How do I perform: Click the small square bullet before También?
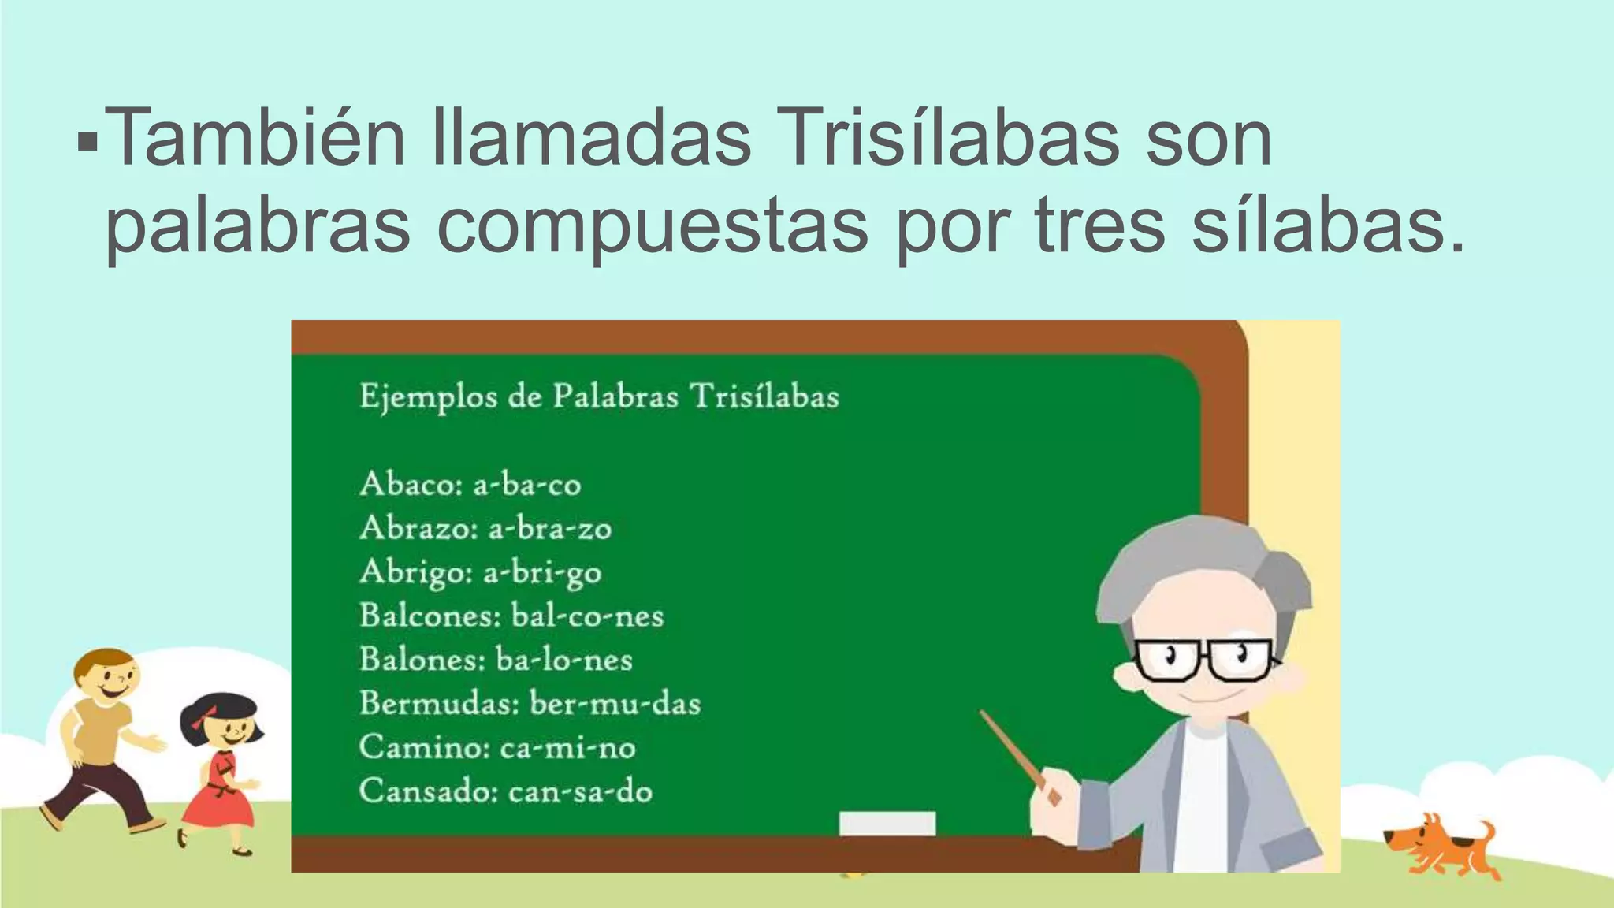87,143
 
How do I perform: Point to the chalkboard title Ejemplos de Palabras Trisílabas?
599,396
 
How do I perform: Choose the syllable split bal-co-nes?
588,616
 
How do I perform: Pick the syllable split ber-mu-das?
615,703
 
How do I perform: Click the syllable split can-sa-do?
581,791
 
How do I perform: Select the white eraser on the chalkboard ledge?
887,824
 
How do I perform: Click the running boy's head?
107,675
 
